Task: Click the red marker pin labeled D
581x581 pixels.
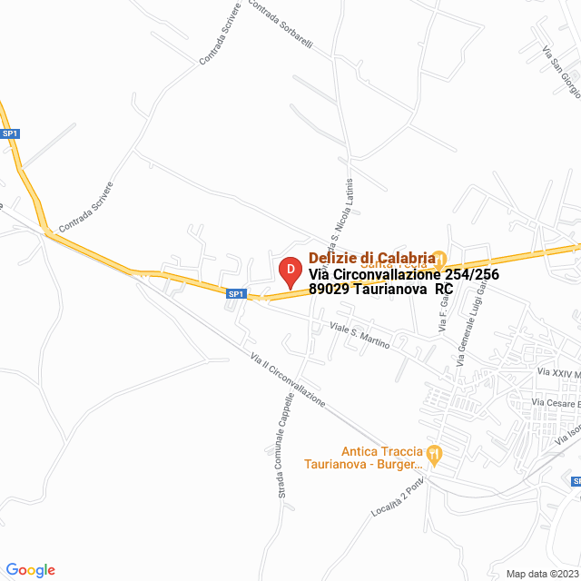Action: pos(290,271)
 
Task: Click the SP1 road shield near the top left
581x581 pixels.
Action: pos(10,133)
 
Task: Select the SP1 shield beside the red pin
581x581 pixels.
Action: pos(236,293)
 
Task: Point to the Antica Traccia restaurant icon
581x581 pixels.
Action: pos(435,452)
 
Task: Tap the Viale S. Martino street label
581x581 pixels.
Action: pos(360,336)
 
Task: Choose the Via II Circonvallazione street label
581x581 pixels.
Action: pos(288,379)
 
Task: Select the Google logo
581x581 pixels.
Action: pos(30,570)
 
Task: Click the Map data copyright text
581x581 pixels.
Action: pos(542,574)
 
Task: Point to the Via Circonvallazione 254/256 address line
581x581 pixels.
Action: pos(403,274)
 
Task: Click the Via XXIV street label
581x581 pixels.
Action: pos(557,372)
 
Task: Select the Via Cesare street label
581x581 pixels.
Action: pos(555,402)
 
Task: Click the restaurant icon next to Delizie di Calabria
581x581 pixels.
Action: pos(438,258)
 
